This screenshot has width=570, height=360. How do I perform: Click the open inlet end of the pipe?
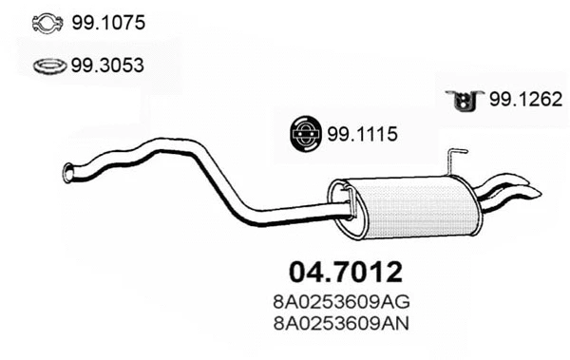pos(67,173)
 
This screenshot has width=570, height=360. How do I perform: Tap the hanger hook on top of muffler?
pos(457,157)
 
